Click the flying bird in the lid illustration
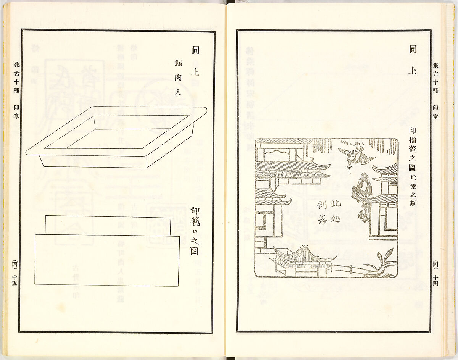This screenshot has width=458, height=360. [x=353, y=153]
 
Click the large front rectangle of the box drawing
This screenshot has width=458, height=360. [x=107, y=260]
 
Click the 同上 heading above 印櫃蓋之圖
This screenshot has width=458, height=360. [x=413, y=60]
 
